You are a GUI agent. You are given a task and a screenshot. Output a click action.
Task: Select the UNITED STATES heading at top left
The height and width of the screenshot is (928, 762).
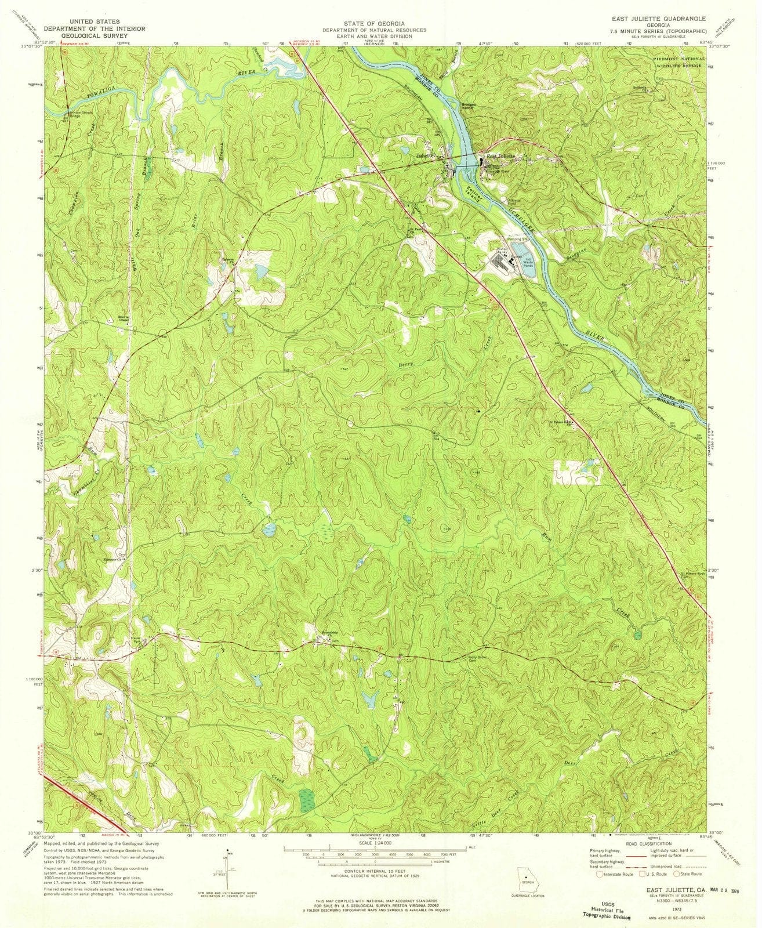pos(96,21)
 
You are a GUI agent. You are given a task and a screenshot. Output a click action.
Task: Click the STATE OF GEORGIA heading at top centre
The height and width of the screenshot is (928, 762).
pos(375,23)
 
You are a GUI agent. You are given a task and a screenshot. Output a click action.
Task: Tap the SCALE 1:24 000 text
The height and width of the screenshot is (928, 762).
pos(375,842)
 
